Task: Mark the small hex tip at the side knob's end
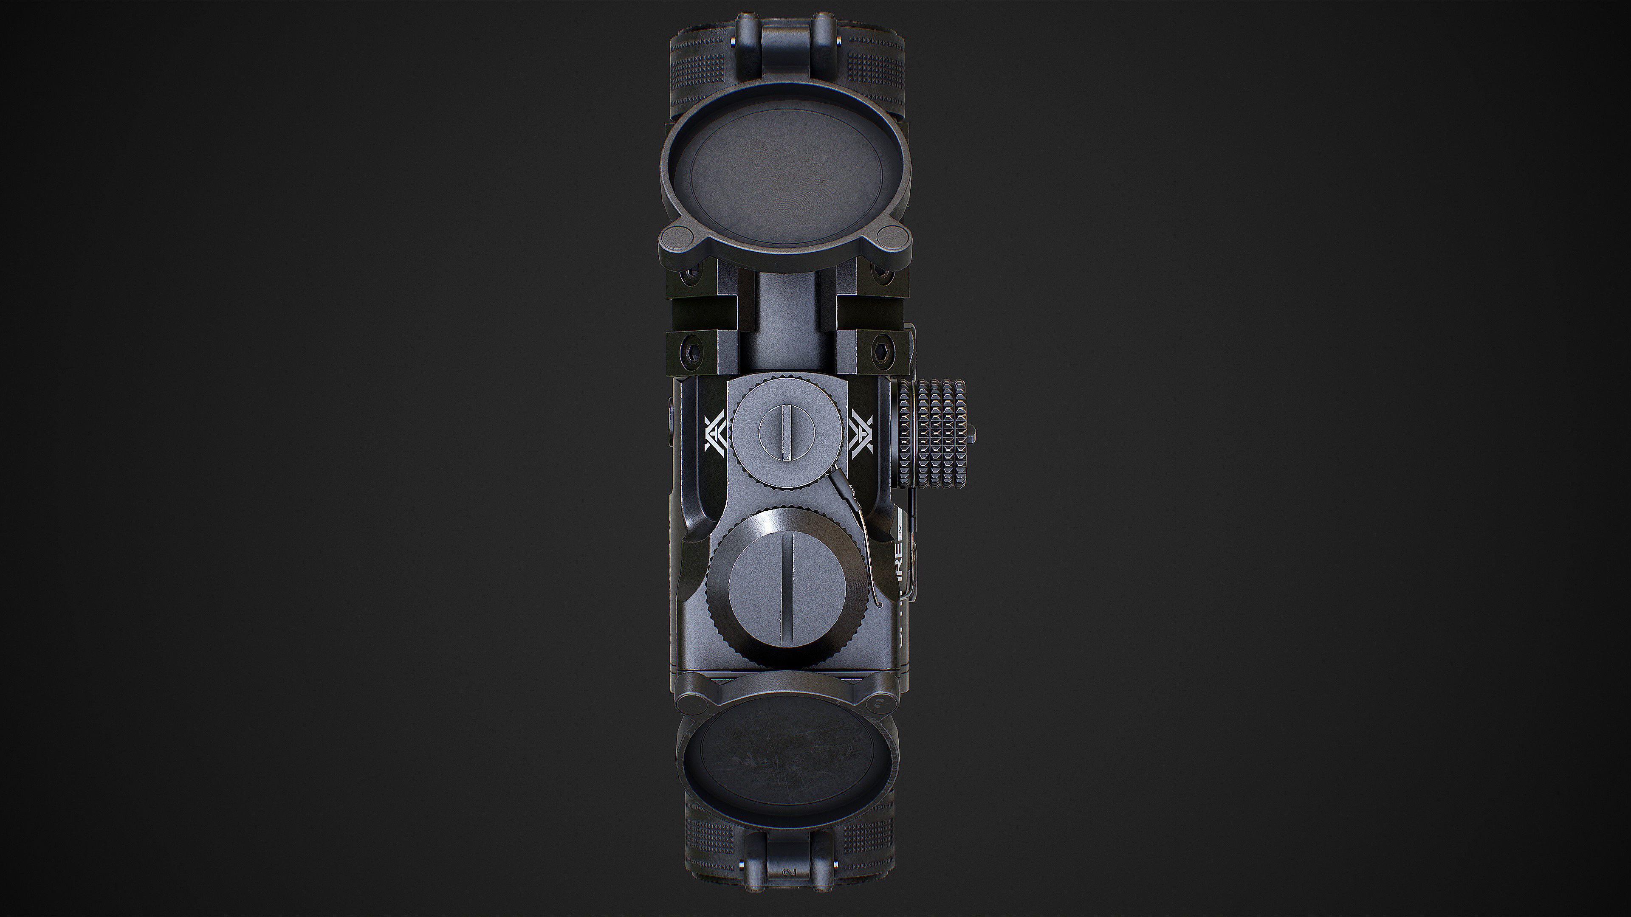point(971,434)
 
